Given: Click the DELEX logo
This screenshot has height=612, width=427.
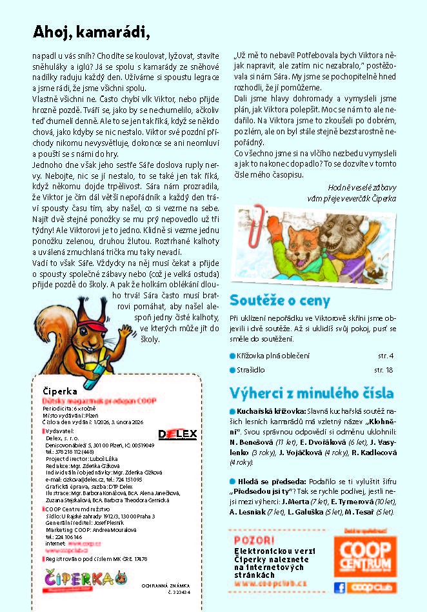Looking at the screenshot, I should (177, 434).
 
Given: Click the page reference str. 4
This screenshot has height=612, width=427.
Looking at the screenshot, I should (385, 356).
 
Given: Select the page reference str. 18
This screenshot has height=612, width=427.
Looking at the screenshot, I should (383, 370).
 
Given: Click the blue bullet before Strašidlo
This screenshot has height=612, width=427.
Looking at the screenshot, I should (233, 370).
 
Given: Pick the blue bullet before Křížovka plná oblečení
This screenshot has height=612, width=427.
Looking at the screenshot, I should (233, 356).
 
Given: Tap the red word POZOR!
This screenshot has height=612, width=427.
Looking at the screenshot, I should (249, 540).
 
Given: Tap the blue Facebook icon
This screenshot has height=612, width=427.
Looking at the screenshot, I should (339, 587).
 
